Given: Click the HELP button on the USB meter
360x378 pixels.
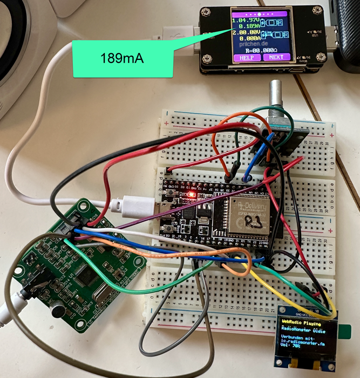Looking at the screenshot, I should click(x=246, y=57).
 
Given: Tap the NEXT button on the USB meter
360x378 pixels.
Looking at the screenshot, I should click(x=276, y=57).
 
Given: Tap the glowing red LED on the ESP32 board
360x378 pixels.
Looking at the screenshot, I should click(x=190, y=194).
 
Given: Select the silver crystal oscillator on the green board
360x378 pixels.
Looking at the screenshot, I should click(x=99, y=297).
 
